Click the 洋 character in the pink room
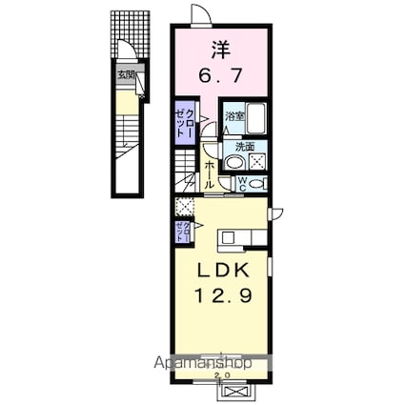(x=219, y=48)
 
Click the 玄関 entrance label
(x=126, y=72)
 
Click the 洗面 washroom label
(x=245, y=147)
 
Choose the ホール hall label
(x=210, y=172)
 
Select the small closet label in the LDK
(x=181, y=229)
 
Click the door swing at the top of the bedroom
(x=200, y=15)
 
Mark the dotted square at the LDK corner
(x=184, y=205)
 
